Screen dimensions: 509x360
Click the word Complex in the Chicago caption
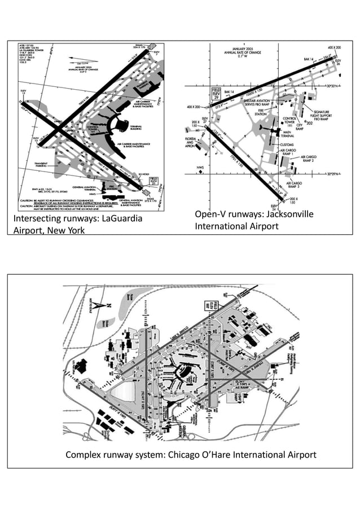(x=83, y=455)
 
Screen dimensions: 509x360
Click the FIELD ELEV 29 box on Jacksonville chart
(x=216, y=93)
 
